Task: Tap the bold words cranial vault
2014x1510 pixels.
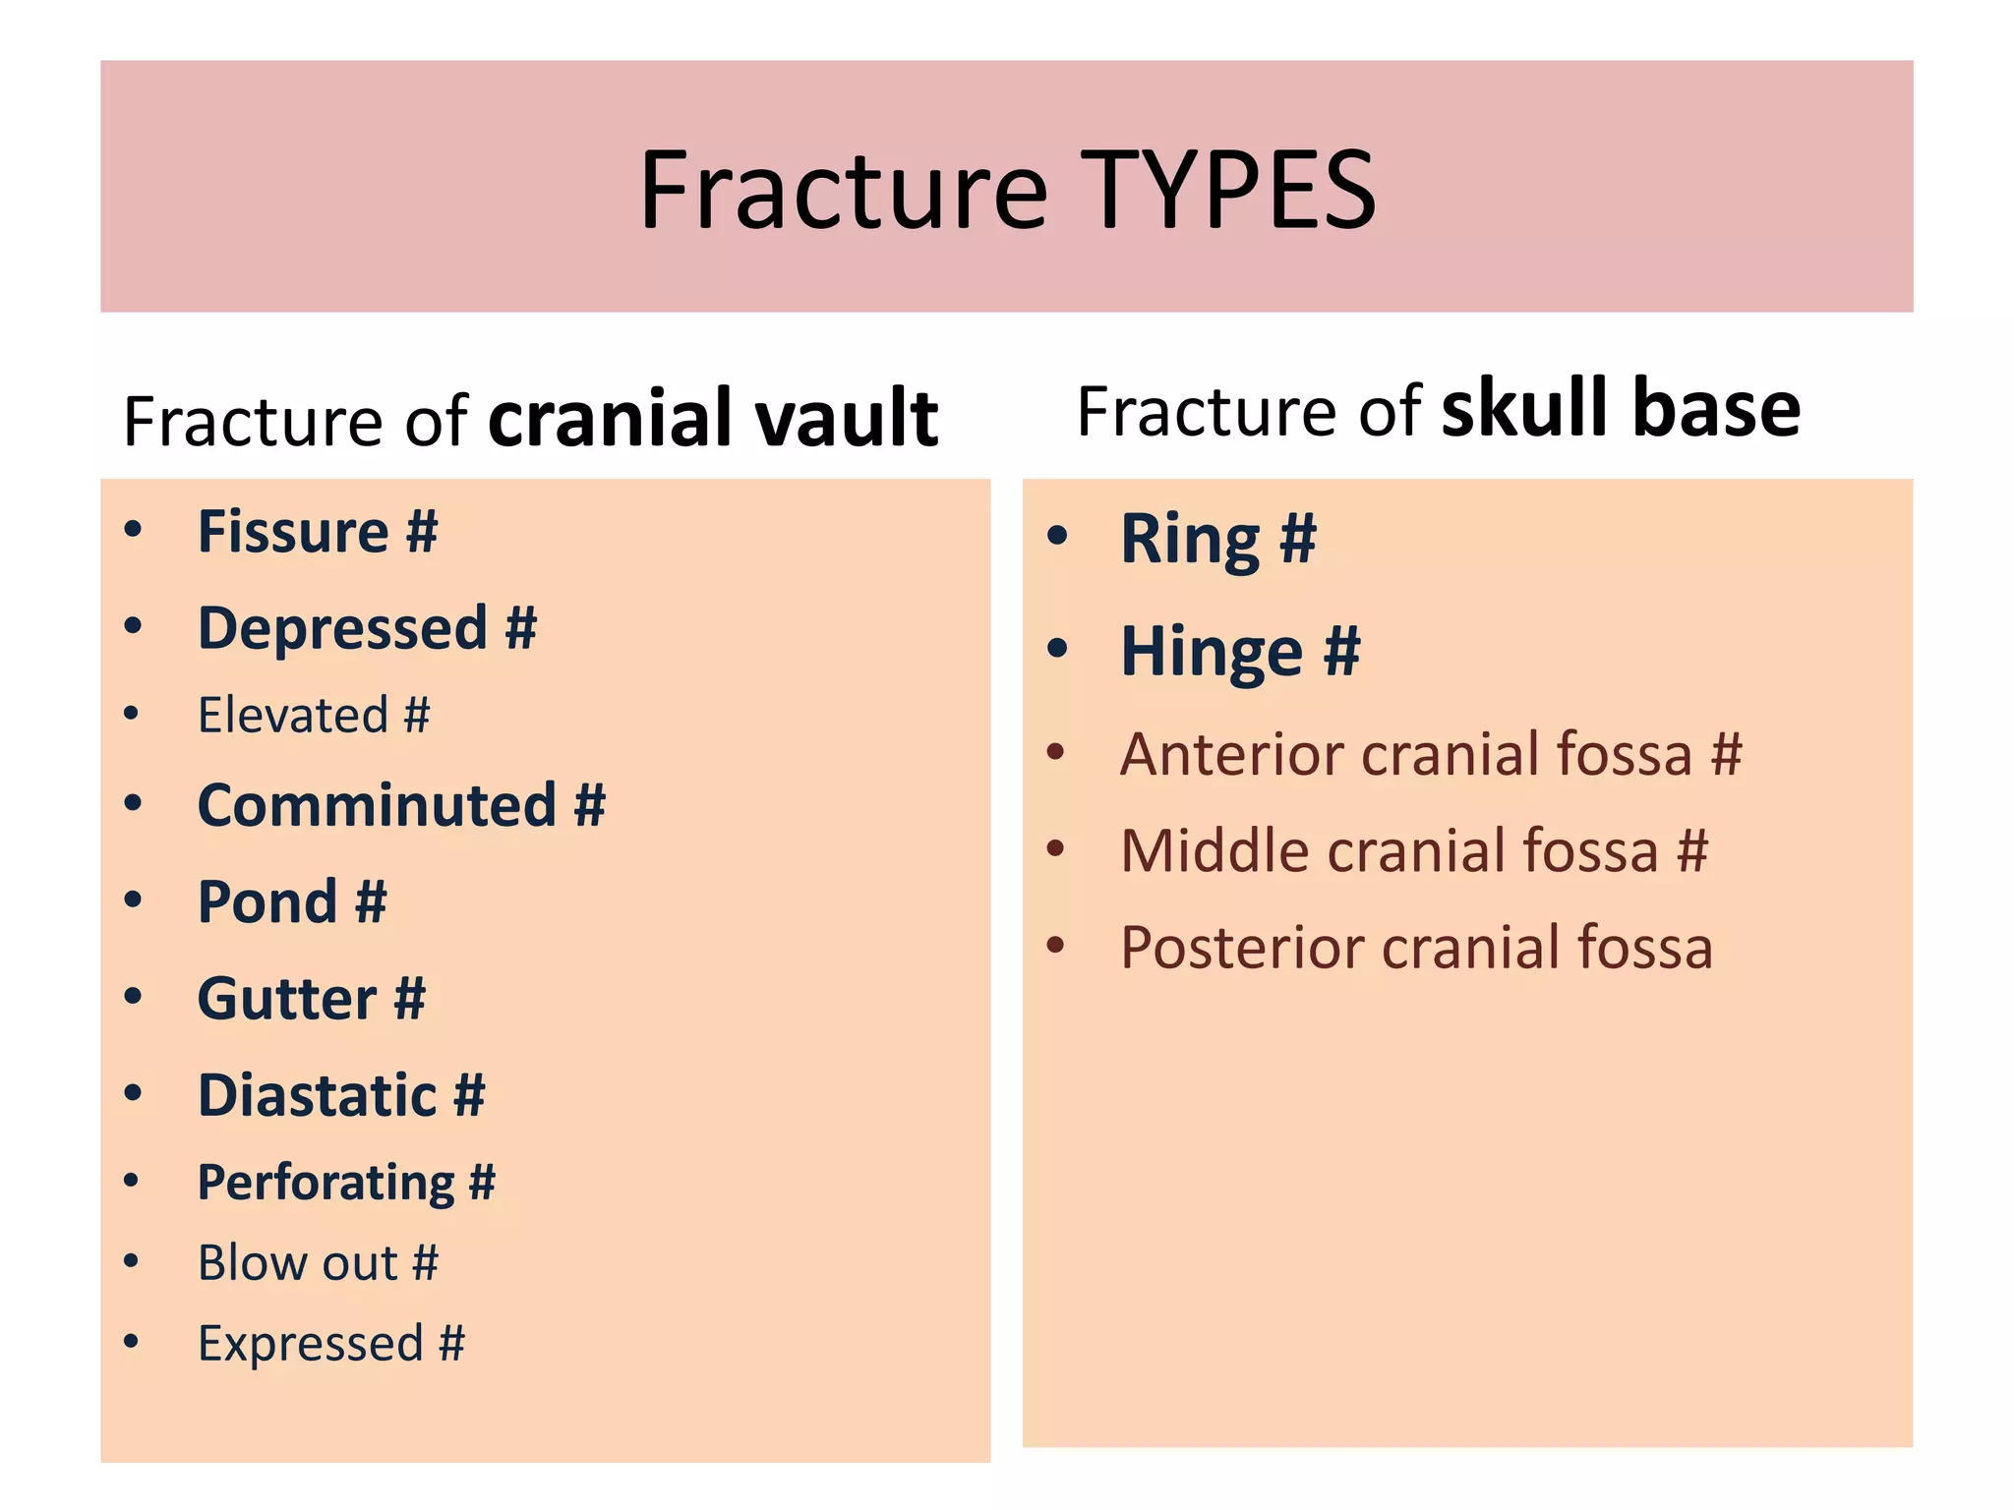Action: (x=713, y=418)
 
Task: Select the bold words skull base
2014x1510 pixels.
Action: (x=1621, y=409)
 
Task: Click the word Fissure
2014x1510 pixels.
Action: (x=293, y=532)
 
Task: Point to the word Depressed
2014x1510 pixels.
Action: (x=342, y=629)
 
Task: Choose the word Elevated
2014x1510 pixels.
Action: (x=293, y=716)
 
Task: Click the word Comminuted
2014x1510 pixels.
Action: (x=377, y=806)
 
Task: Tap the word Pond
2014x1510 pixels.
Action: (x=267, y=902)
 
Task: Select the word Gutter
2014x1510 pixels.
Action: (x=286, y=1000)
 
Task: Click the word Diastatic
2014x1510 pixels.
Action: (x=317, y=1096)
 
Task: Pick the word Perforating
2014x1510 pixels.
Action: (x=326, y=1183)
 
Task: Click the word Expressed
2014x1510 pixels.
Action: (x=310, y=1344)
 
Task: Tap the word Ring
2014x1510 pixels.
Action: (x=1190, y=540)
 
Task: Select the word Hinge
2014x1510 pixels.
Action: (x=1212, y=653)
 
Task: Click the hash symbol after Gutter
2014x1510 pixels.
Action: (x=409, y=1000)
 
